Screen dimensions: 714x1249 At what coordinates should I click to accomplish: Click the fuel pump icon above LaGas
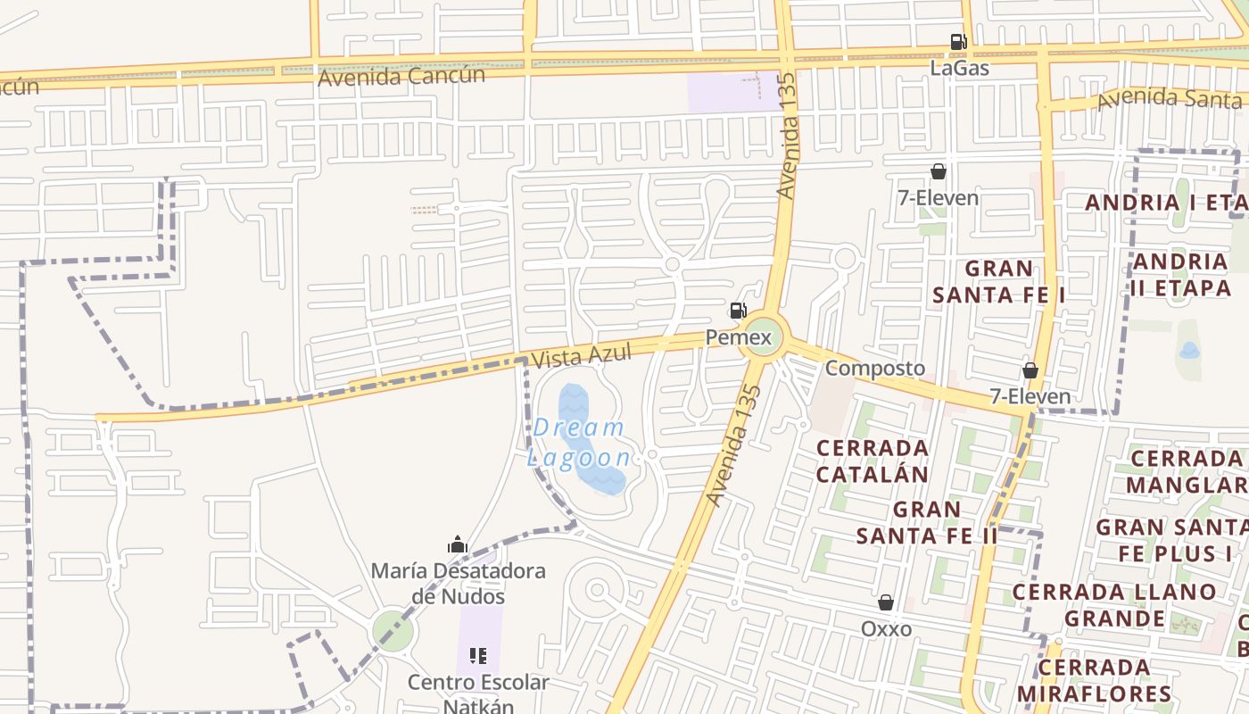click(958, 41)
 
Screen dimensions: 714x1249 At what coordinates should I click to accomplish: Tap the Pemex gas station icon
click(738, 311)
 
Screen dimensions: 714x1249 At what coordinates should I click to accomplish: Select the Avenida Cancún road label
click(401, 76)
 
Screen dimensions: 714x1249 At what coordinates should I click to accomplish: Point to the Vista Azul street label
click(581, 355)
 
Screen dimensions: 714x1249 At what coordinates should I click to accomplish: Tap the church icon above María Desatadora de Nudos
click(458, 544)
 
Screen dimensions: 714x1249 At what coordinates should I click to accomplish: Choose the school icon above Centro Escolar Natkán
click(478, 657)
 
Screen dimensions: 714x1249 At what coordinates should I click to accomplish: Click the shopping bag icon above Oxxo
click(886, 603)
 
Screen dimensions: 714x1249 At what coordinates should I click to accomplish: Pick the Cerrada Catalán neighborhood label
click(873, 461)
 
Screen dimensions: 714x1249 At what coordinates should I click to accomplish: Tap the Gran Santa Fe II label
click(927, 522)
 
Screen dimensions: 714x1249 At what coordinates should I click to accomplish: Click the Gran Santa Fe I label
click(999, 281)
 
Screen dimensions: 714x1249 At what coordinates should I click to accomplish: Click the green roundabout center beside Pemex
click(765, 336)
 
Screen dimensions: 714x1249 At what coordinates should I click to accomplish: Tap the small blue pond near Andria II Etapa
click(1189, 350)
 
